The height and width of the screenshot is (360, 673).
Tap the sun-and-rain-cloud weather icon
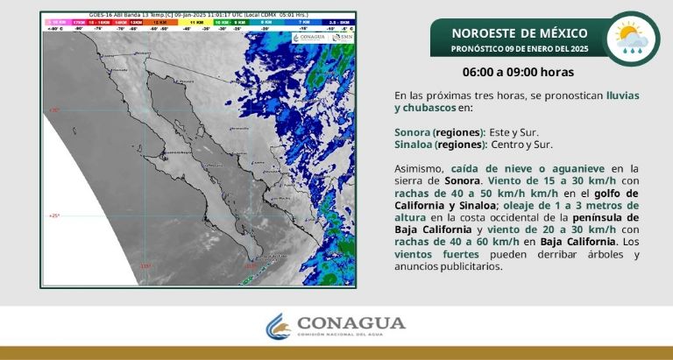click(x=633, y=39)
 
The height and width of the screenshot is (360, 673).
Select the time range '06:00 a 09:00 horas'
click(x=519, y=72)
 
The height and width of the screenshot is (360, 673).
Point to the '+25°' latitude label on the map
click(x=53, y=215)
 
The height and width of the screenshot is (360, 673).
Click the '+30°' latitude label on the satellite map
click(x=53, y=110)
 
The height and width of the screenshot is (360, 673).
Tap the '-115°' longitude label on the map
click(x=145, y=266)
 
